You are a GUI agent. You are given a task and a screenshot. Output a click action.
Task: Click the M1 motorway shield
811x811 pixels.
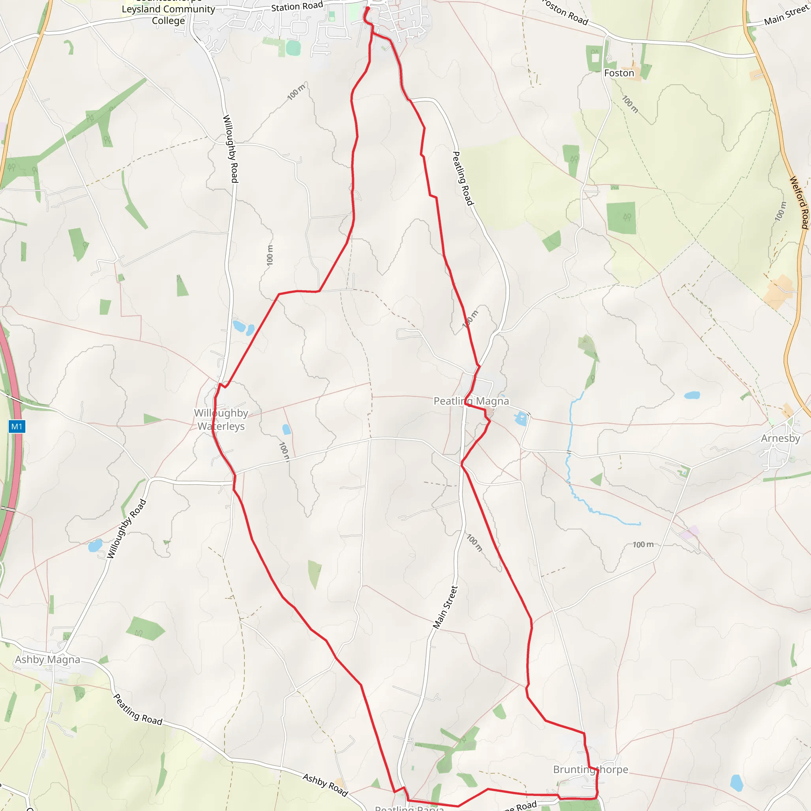point(17,427)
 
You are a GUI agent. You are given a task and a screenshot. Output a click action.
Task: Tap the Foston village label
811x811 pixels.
point(619,73)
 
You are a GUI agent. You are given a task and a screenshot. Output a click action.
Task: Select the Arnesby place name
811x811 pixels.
point(781,438)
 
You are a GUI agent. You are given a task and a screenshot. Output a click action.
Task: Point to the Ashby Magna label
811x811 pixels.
point(48,659)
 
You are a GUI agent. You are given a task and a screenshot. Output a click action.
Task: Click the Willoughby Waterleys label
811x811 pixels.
point(221,419)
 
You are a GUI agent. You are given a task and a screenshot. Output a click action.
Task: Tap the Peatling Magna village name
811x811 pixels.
point(471,401)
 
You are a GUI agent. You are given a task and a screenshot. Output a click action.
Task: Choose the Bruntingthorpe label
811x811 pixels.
point(590,769)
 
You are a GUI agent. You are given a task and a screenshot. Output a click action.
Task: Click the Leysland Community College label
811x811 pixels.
point(168,15)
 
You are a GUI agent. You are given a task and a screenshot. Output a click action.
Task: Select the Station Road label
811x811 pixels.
point(297,7)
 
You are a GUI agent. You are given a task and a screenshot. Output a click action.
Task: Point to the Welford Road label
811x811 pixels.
point(799,203)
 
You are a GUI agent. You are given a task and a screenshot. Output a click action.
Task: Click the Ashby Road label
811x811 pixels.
point(326,785)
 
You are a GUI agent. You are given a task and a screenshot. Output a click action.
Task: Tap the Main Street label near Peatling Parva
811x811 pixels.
point(445,607)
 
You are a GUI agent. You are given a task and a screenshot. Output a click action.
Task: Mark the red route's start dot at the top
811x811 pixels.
point(368,8)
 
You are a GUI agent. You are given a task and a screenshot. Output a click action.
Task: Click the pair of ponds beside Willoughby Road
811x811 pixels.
point(244,327)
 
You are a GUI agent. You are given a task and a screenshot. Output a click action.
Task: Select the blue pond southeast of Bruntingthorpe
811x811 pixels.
point(737,783)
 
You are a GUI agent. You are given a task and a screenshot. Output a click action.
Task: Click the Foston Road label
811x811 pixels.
point(565,13)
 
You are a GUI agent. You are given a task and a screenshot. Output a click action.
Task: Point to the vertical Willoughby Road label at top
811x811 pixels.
point(230,148)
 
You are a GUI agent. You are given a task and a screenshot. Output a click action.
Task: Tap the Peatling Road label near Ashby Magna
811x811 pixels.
point(138,709)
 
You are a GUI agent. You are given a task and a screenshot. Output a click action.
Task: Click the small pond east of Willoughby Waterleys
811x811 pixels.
point(286,429)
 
